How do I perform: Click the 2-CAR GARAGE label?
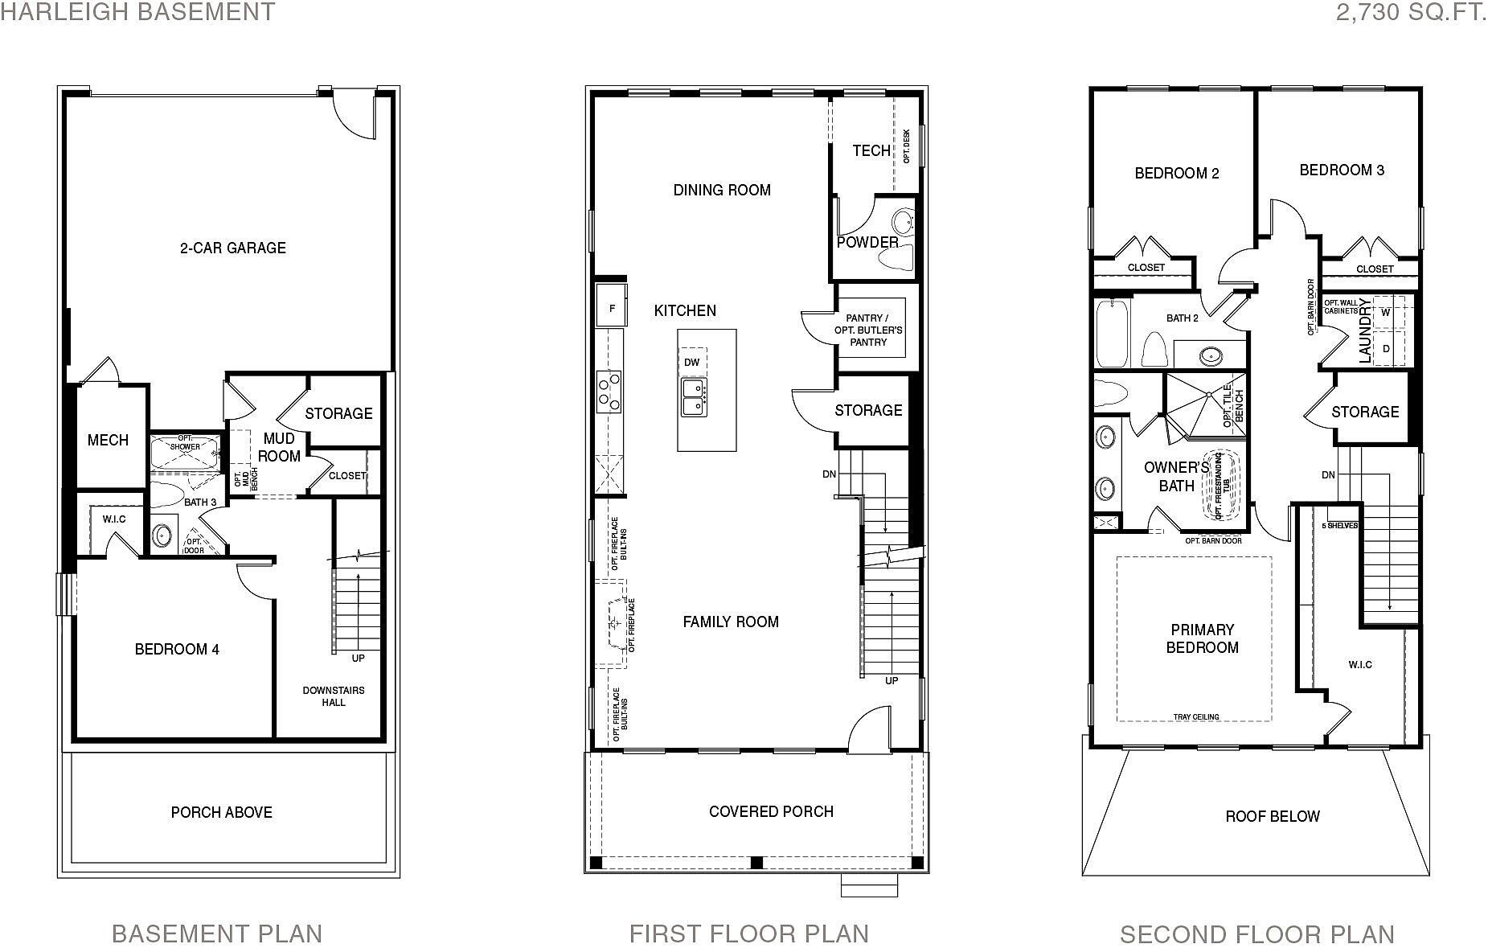click(x=232, y=248)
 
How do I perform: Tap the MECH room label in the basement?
click(x=108, y=440)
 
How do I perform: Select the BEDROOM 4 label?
click(x=177, y=649)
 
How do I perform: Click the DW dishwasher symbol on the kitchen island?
click(x=691, y=363)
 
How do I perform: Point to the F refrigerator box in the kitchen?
click(x=612, y=309)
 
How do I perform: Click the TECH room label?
click(x=871, y=150)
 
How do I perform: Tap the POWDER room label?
click(x=867, y=242)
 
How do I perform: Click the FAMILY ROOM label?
click(x=730, y=622)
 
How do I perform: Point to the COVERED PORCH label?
click(x=770, y=811)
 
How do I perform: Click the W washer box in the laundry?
click(x=1386, y=312)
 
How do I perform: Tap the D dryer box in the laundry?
click(x=1386, y=349)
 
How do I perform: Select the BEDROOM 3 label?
click(x=1341, y=170)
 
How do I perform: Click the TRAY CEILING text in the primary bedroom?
click(x=1195, y=716)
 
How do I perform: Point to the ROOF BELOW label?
click(x=1272, y=816)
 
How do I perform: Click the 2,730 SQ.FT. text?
click(x=1411, y=12)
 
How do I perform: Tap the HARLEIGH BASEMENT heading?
click(x=137, y=12)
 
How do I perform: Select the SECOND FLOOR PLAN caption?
click(x=1256, y=934)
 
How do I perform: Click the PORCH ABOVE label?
click(x=221, y=812)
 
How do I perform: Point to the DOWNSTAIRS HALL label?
click(x=333, y=696)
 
